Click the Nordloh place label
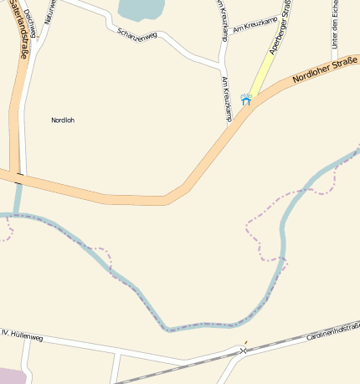[x=63, y=120]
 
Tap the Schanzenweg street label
[x=137, y=34]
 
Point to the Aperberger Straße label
[x=280, y=29]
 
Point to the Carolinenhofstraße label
[x=332, y=331]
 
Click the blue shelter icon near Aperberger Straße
[x=246, y=99]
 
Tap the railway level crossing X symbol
[x=244, y=351]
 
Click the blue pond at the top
[x=140, y=9]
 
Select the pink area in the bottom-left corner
[x=10, y=375]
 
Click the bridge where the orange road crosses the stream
[x=18, y=177]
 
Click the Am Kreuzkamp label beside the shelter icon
[x=227, y=99]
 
